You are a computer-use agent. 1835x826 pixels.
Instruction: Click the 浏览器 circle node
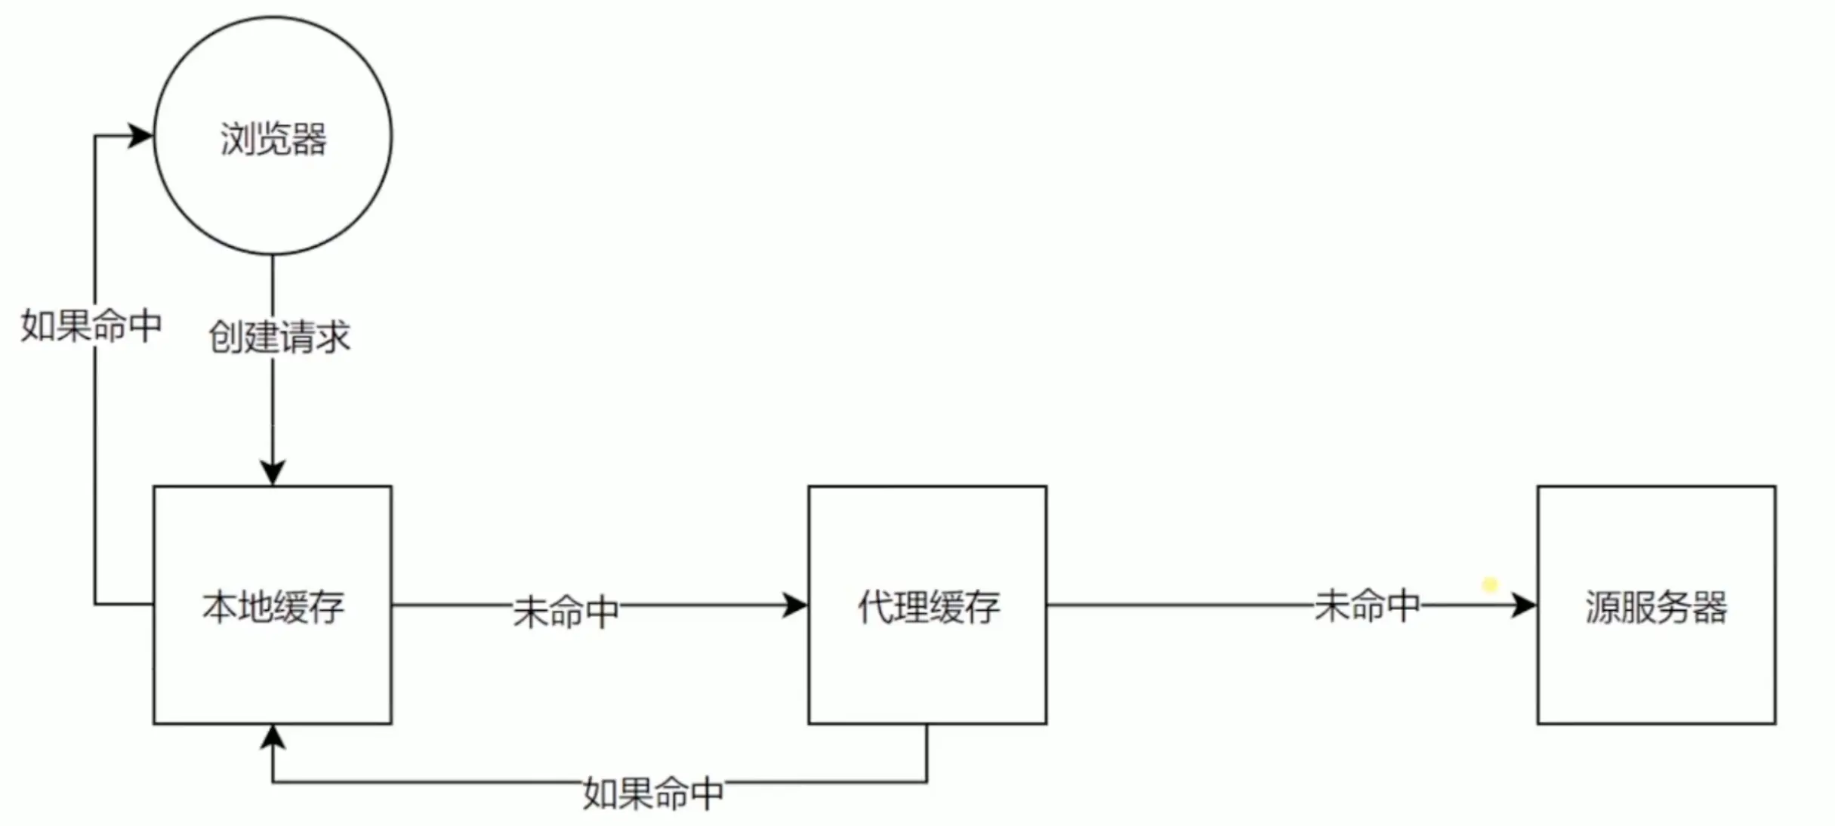[x=273, y=136]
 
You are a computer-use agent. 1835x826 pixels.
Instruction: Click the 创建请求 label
[x=279, y=337]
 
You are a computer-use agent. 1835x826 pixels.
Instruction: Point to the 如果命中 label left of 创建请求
[x=91, y=326]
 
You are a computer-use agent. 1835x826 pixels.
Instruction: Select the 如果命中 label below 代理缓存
[x=653, y=793]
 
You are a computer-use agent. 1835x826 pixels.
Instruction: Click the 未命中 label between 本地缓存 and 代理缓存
[x=566, y=611]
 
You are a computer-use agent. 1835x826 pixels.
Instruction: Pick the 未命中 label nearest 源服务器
[x=1367, y=606]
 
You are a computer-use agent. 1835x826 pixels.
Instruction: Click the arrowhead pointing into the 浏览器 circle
[x=140, y=136]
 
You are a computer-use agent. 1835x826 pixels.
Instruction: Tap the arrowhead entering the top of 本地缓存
[x=273, y=472]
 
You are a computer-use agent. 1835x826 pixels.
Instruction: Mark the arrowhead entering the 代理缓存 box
[x=794, y=605]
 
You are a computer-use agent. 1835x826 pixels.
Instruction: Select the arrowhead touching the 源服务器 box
[x=1523, y=605]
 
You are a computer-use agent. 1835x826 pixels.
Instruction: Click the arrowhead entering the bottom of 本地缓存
[x=273, y=737]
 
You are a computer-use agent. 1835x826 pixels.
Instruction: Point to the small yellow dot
[x=1490, y=585]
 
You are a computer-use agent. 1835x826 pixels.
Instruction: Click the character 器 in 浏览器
[x=309, y=140]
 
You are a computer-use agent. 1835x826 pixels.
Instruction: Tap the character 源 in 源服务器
[x=1602, y=608]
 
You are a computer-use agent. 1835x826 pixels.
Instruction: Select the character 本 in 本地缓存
[x=220, y=608]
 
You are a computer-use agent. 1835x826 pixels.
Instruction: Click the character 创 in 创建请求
[x=226, y=337]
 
